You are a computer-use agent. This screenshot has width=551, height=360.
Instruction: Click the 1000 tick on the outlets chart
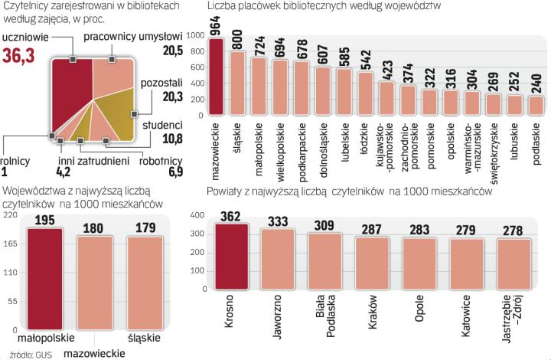point(195,36)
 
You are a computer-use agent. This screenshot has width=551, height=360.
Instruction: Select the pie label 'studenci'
point(161,126)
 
